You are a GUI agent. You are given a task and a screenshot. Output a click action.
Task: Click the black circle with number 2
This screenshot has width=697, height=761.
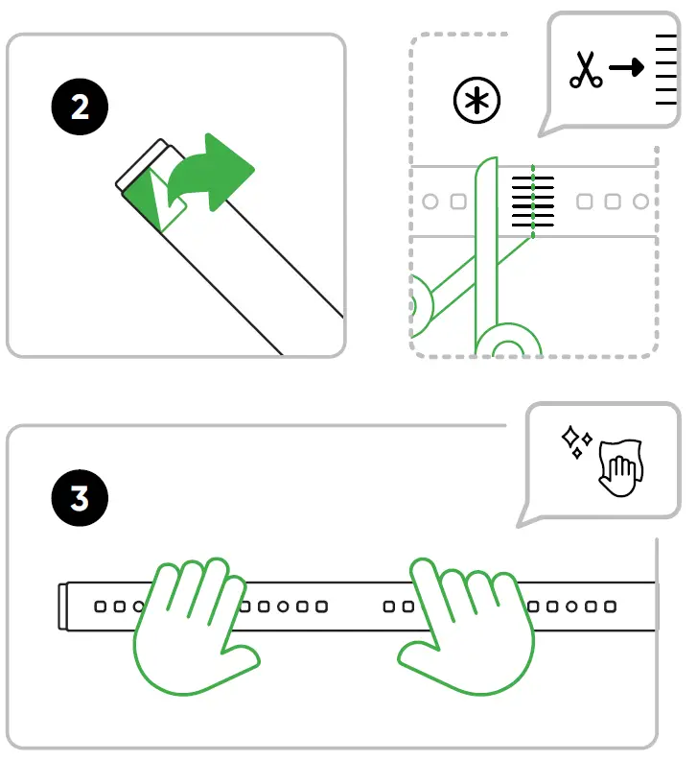point(80,106)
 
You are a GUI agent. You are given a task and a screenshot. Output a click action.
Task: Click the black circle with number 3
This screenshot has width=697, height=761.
point(80,499)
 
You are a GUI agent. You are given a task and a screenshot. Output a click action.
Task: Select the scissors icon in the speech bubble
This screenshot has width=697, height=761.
point(586,70)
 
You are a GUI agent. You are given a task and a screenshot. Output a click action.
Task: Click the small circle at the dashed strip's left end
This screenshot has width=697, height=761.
point(430,202)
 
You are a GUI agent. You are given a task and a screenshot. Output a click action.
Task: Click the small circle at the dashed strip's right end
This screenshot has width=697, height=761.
point(640,202)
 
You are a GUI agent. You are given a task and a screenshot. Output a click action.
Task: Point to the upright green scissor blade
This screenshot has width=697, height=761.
point(485,240)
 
